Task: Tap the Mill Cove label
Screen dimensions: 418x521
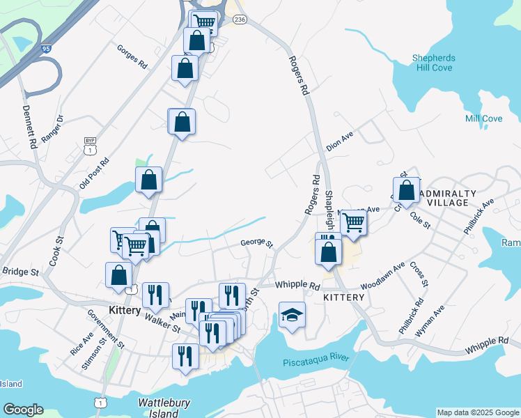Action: (x=483, y=118)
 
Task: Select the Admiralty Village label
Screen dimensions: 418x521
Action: (x=452, y=198)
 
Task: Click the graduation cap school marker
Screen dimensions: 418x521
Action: (x=293, y=315)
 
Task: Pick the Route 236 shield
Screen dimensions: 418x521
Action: (x=240, y=20)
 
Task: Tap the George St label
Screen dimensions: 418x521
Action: (x=256, y=242)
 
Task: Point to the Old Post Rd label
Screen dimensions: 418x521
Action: (x=94, y=173)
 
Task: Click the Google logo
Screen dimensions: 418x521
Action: (x=22, y=410)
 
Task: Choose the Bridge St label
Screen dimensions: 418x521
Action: (x=20, y=272)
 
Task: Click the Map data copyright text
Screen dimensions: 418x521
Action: (x=479, y=412)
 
